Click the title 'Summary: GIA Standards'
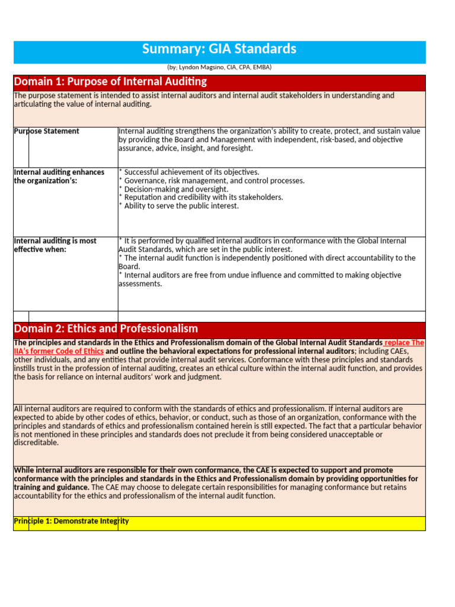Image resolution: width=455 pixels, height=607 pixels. pyautogui.click(x=219, y=49)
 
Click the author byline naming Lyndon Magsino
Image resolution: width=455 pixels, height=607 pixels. pyautogui.click(x=219, y=68)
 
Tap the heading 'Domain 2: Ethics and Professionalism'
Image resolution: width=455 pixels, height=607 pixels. pyautogui.click(x=105, y=329)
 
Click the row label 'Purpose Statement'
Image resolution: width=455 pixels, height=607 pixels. pyautogui.click(x=46, y=132)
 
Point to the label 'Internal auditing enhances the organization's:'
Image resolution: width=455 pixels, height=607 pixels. pyautogui.click(x=59, y=177)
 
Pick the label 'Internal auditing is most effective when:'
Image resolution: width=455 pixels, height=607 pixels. pyautogui.click(x=55, y=245)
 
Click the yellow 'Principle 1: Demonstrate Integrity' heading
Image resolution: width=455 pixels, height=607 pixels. pyautogui.click(x=71, y=522)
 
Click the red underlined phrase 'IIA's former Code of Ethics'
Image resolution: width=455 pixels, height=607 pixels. pyautogui.click(x=59, y=352)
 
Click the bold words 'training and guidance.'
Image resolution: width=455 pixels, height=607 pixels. pyautogui.click(x=52, y=487)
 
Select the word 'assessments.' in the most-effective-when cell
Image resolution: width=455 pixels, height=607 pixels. pyautogui.click(x=140, y=284)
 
